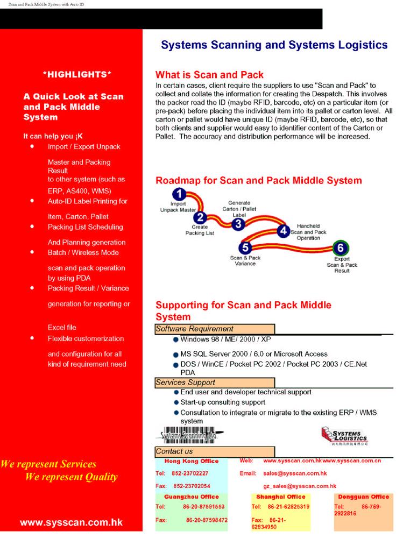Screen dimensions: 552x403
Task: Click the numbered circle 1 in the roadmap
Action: pyautogui.click(x=181, y=194)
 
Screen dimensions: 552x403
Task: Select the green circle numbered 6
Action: pyautogui.click(x=341, y=249)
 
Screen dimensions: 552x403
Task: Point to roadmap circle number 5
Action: pyautogui.click(x=245, y=247)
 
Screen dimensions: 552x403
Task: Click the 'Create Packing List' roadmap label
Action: pyautogui.click(x=200, y=230)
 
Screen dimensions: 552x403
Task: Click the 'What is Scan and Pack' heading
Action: pyautogui.click(x=209, y=75)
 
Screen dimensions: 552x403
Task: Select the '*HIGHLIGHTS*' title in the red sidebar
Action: pyautogui.click(x=77, y=74)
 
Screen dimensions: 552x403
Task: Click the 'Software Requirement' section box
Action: pyautogui.click(x=215, y=329)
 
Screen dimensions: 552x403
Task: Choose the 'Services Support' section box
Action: pyautogui.click(x=215, y=383)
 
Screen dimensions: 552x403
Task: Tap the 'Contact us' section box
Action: pyautogui.click(x=215, y=451)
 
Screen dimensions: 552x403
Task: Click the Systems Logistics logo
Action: pyautogui.click(x=344, y=434)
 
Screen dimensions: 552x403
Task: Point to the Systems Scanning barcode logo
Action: pyautogui.click(x=193, y=434)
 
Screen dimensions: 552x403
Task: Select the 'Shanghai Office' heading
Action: pyautogui.click(x=280, y=497)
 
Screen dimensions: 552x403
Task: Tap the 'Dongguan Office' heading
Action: pyautogui.click(x=364, y=497)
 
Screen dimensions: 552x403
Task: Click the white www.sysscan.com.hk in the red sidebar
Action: pyautogui.click(x=72, y=522)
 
